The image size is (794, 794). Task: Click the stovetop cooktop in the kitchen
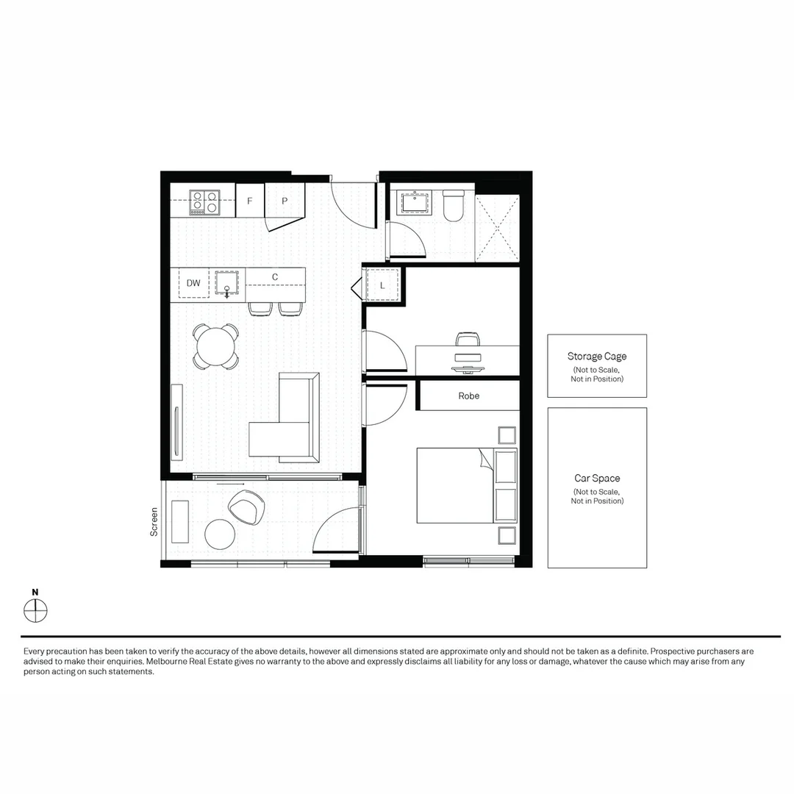click(204, 202)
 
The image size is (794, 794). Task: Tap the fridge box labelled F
click(250, 201)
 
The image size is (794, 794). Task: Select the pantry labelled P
click(284, 201)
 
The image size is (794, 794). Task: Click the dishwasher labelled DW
click(193, 283)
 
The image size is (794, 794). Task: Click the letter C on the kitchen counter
click(275, 277)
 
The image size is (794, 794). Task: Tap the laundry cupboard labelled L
click(383, 285)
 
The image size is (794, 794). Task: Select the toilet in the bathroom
click(453, 205)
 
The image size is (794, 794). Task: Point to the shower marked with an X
click(498, 228)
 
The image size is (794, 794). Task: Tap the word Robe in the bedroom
click(469, 396)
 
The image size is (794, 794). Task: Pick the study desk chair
click(468, 339)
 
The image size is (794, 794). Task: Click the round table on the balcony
click(220, 534)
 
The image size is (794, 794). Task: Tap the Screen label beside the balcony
click(154, 521)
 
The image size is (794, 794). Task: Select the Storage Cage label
click(597, 357)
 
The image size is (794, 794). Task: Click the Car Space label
click(597, 479)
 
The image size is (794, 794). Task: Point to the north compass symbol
click(35, 610)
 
